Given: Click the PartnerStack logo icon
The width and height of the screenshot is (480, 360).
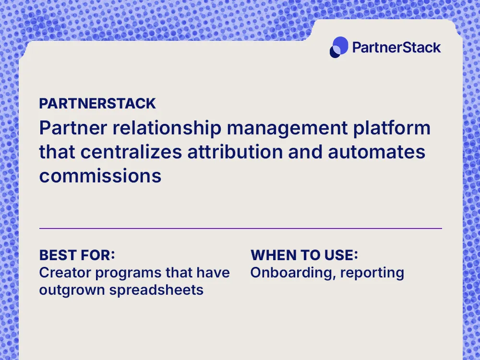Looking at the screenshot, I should [x=339, y=47].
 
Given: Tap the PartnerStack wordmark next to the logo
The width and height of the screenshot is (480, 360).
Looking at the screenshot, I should [x=396, y=47].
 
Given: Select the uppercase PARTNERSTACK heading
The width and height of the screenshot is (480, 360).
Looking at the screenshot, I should [x=97, y=103].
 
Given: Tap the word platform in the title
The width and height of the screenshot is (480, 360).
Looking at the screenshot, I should [x=396, y=128].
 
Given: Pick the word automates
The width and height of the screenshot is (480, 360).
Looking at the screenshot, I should [x=377, y=152].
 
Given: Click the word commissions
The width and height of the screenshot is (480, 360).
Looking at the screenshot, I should [x=100, y=176].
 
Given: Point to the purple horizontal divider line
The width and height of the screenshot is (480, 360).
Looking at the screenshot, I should [x=240, y=228].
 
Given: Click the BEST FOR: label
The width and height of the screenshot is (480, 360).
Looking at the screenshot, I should [x=77, y=255].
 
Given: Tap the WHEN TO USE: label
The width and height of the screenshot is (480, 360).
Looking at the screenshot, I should [x=305, y=255].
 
